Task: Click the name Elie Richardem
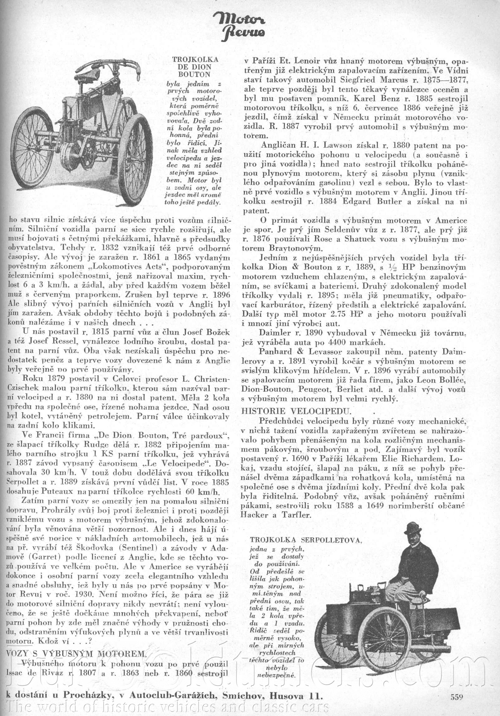419,450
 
